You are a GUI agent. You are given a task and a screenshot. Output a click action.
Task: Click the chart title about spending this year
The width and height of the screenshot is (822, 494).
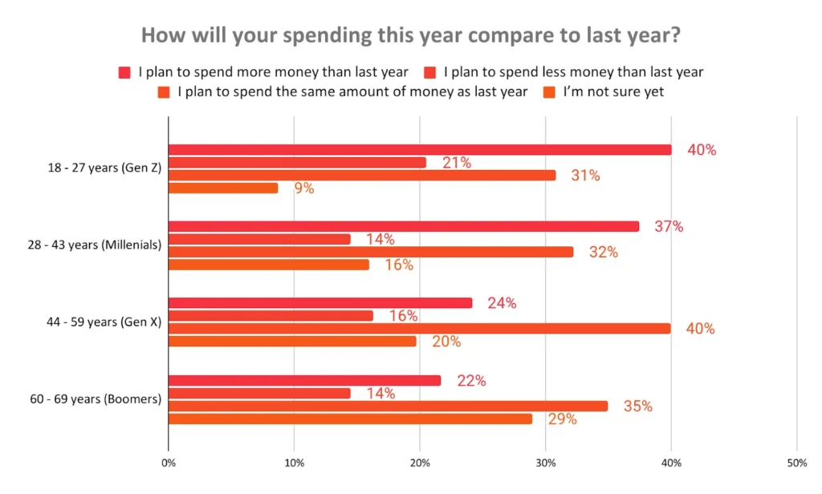tap(410, 36)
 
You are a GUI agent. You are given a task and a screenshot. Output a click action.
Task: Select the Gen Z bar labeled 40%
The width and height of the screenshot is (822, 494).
tap(420, 150)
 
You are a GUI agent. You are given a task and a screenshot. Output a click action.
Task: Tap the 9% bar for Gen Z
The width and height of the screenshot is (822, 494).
tap(223, 188)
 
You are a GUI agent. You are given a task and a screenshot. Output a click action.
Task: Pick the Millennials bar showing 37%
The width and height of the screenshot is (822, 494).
tap(404, 226)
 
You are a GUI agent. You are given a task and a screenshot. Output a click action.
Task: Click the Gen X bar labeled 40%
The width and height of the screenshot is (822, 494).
tap(420, 329)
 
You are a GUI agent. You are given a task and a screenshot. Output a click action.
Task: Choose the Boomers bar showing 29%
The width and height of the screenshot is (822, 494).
tap(350, 419)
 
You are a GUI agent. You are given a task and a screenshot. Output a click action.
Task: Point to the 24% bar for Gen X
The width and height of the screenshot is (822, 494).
tap(320, 303)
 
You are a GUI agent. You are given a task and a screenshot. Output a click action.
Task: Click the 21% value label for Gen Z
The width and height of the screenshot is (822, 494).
tap(456, 163)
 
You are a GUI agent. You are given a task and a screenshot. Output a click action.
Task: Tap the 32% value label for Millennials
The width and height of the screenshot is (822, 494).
tap(603, 252)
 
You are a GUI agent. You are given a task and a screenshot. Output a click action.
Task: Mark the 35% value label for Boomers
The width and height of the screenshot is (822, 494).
tap(637, 406)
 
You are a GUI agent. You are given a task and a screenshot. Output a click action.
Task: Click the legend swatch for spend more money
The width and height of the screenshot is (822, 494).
tap(124, 72)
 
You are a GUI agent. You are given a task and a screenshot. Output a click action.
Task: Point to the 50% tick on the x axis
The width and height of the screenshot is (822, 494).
tap(796, 463)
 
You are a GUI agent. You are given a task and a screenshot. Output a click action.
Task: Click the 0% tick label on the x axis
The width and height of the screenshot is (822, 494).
tap(169, 463)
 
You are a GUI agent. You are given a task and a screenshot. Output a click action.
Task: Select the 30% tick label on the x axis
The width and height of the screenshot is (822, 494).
tap(546, 463)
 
